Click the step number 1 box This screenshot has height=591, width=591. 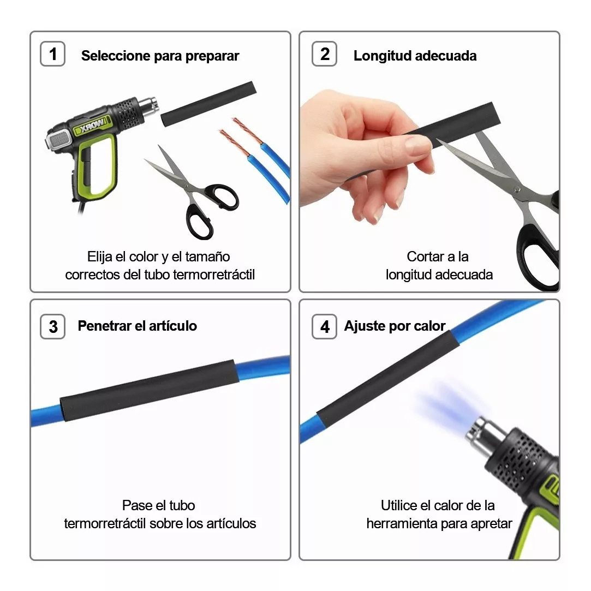(x=52, y=55)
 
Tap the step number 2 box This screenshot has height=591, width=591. (x=325, y=55)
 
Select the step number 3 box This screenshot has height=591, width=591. (x=52, y=326)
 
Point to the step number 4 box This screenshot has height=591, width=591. (x=325, y=326)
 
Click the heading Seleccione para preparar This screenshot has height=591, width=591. (x=160, y=56)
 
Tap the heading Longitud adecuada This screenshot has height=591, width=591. (x=415, y=56)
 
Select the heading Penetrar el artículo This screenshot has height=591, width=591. (x=137, y=326)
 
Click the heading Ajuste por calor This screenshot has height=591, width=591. (x=395, y=326)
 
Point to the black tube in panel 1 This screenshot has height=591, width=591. (x=208, y=104)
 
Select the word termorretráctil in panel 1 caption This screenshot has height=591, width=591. (x=213, y=274)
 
